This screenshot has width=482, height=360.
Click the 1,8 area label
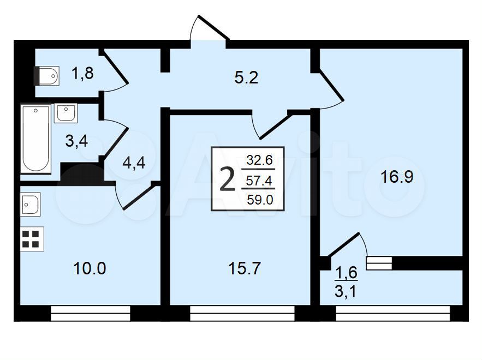tap(82, 74)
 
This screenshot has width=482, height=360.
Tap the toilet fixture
tap(46, 76)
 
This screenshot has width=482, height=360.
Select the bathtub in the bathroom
tap(35, 139)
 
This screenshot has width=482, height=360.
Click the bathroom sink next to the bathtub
tap(66, 113)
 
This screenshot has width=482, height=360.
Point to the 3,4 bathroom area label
tap(77, 141)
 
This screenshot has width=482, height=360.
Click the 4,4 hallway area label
tap(134, 163)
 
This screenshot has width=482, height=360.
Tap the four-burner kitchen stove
tap(32, 239)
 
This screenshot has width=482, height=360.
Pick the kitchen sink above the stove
tap(30, 204)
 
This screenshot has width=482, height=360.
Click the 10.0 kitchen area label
tap(90, 268)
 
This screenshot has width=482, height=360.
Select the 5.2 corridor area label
tap(246, 77)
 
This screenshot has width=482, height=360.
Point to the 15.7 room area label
tap(245, 268)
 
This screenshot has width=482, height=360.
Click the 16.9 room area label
tap(397, 177)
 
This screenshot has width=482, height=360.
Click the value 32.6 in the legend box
tap(260, 160)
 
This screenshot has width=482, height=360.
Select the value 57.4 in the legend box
tap(259, 181)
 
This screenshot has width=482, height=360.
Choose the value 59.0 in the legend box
tap(260, 200)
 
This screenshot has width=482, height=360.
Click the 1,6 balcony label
tap(346, 273)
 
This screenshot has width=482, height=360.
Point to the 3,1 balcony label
tap(346, 291)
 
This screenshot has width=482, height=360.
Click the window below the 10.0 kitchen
tap(91, 313)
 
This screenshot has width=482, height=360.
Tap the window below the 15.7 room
tap(242, 313)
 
